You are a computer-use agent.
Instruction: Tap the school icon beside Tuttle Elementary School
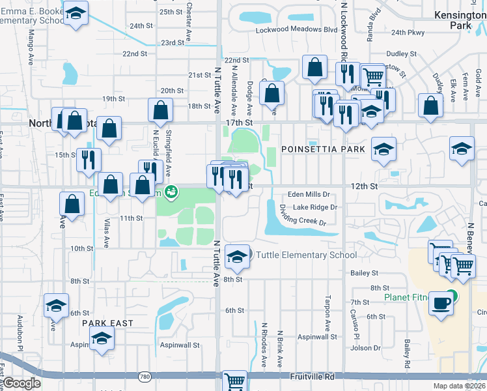click(236, 255)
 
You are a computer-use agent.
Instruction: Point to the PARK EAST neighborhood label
click(107, 323)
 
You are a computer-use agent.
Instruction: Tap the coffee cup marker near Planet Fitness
click(441, 304)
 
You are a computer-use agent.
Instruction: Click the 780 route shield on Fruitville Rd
click(144, 377)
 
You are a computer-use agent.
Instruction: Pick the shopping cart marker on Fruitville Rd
click(234, 381)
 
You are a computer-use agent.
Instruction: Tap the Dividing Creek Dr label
click(302, 216)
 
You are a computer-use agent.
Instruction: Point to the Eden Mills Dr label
click(310, 194)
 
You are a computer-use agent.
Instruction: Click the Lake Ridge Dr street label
click(314, 207)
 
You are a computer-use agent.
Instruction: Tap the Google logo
click(21, 383)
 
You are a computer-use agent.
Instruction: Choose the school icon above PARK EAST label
click(102, 338)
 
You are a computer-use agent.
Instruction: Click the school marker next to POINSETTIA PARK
click(383, 149)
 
